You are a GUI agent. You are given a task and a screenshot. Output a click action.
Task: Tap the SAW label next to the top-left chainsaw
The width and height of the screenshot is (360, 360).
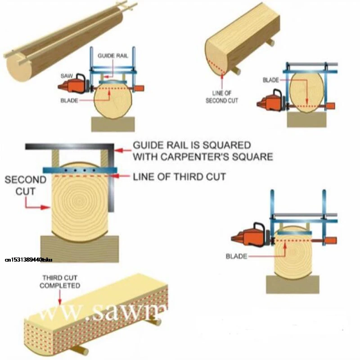66,76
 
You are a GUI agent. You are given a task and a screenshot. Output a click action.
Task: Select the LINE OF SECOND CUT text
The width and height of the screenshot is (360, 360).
222,97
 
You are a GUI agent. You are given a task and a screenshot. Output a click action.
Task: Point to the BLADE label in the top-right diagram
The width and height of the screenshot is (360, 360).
270,80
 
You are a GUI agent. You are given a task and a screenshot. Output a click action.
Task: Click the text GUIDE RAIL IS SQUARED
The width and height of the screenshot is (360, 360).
191,146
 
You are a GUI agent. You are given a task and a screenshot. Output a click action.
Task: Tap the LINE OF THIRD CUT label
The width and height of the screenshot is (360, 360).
179,177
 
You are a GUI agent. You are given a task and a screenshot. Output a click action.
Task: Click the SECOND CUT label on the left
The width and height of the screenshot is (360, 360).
25,185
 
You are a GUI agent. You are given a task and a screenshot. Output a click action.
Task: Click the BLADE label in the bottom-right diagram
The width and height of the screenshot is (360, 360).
237,256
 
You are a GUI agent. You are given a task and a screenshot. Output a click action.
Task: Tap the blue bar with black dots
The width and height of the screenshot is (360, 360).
80,170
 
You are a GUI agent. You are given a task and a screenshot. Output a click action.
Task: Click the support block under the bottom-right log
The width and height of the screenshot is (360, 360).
292,284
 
